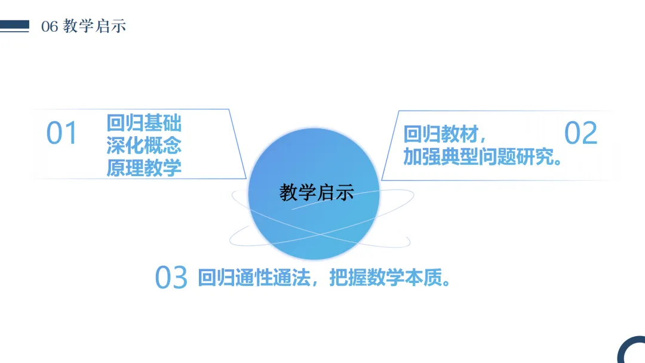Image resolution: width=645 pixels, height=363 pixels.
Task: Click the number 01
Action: click(x=62, y=133)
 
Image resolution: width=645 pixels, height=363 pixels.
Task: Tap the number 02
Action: click(x=580, y=133)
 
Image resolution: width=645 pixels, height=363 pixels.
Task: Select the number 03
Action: click(x=171, y=278)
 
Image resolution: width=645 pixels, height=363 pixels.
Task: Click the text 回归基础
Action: click(x=144, y=123)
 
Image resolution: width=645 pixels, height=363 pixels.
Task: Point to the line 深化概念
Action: click(x=144, y=145)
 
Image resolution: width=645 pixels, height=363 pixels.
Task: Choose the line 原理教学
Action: click(x=144, y=168)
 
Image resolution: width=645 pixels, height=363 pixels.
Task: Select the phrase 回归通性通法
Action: click(x=253, y=278)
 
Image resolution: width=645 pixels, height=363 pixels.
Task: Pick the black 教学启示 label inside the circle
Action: click(x=317, y=192)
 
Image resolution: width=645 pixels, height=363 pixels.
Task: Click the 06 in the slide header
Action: click(x=50, y=27)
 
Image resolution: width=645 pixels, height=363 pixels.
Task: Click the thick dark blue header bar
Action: click(x=15, y=24)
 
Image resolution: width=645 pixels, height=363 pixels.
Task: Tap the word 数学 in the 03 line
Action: click(x=383, y=278)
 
